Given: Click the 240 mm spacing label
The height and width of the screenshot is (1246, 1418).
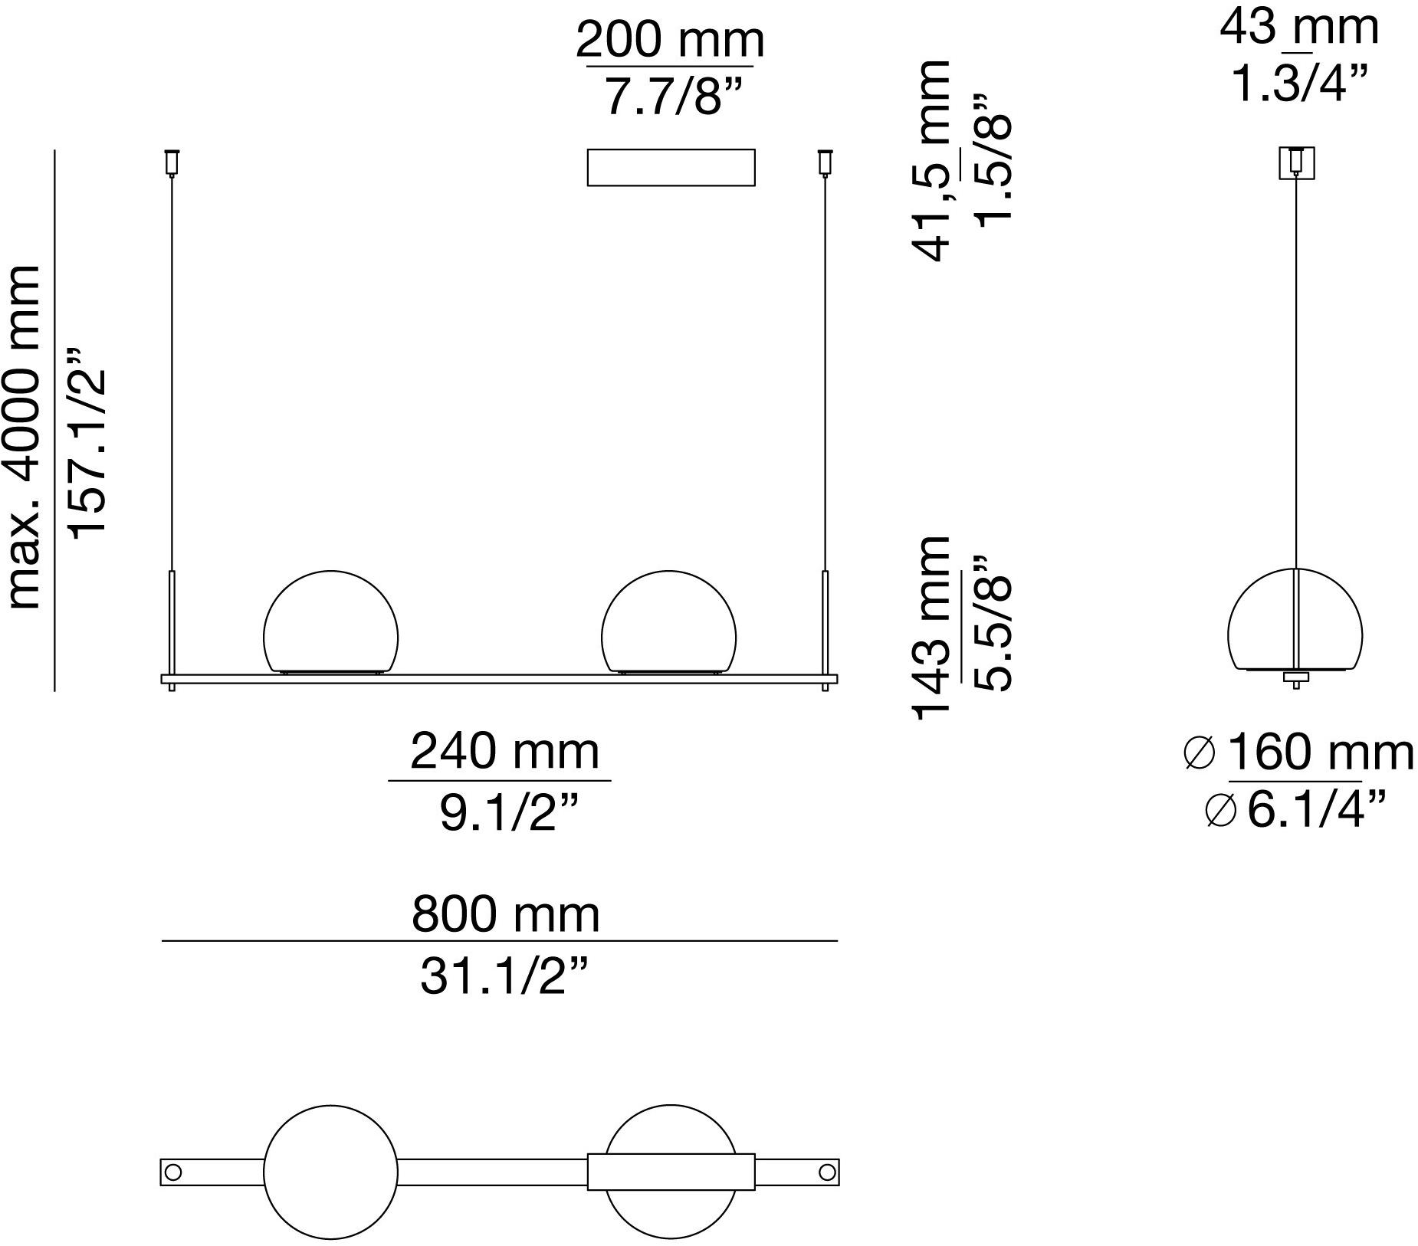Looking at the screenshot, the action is point(504,751).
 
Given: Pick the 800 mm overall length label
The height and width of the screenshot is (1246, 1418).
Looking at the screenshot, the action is point(506,913).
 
